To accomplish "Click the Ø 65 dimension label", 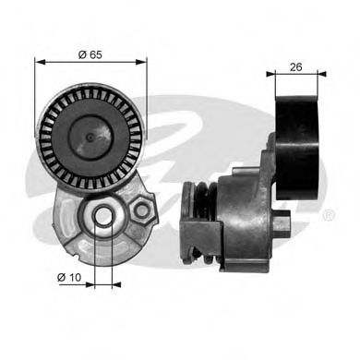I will coord(90,54).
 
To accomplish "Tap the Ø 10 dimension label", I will coord(71,277).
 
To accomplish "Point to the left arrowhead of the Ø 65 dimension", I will coord(39,63).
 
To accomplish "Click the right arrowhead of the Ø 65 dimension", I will coord(143,63).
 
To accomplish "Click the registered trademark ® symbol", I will coord(329,215).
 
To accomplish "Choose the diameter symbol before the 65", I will coord(81,54).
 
